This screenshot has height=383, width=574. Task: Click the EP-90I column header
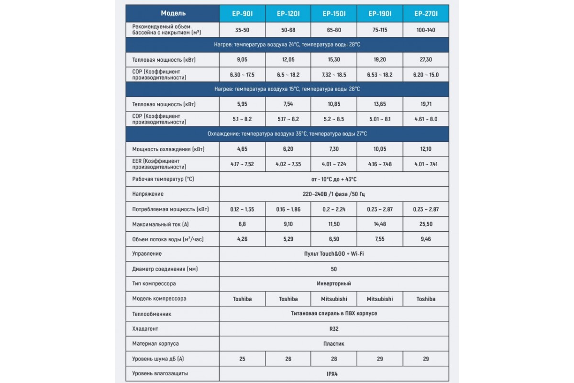(242, 13)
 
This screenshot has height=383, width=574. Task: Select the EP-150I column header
(334, 13)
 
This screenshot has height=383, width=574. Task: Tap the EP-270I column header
(426, 13)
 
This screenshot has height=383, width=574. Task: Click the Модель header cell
(173, 13)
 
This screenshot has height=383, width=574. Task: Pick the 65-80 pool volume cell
(334, 30)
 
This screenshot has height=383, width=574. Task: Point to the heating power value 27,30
(426, 60)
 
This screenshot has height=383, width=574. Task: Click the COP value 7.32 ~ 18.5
(334, 75)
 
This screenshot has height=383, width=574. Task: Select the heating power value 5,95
(242, 104)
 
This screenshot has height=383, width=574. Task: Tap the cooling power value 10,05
(380, 149)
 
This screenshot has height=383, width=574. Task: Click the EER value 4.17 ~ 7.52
(242, 164)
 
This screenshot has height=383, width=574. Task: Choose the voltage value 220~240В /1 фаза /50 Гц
(334, 194)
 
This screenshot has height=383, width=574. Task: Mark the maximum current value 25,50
(426, 224)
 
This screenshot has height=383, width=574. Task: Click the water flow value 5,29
(288, 239)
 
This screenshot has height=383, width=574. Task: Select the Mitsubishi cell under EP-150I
(334, 299)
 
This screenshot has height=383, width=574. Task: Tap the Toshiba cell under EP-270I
(426, 299)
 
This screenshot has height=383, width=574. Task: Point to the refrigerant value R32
(334, 329)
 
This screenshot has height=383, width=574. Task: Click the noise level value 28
(334, 359)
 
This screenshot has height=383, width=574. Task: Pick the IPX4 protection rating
(334, 373)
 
